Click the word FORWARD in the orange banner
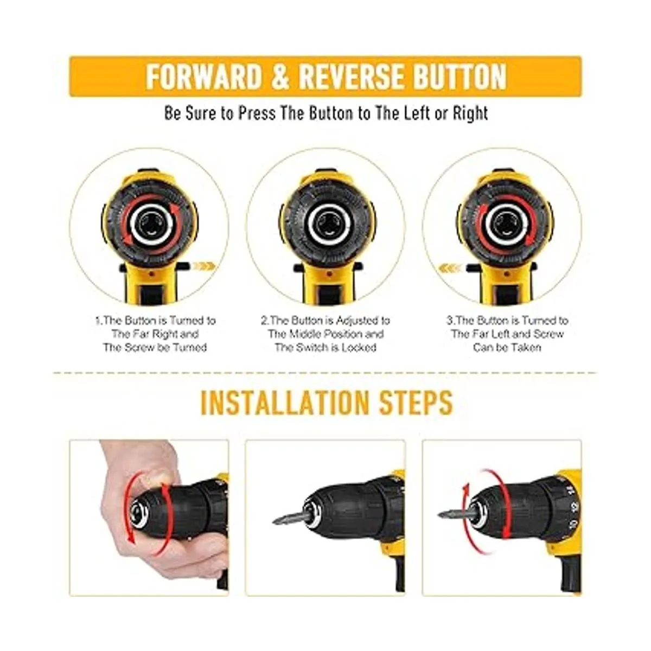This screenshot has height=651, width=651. coord(204,76)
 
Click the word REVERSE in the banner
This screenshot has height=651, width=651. coord(352,76)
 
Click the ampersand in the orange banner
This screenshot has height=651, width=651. coord(280,76)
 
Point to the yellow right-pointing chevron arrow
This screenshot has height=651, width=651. coord(205,266)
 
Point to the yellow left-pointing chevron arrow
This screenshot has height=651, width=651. coord(449,269)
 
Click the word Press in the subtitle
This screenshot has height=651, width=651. coord(257,113)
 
